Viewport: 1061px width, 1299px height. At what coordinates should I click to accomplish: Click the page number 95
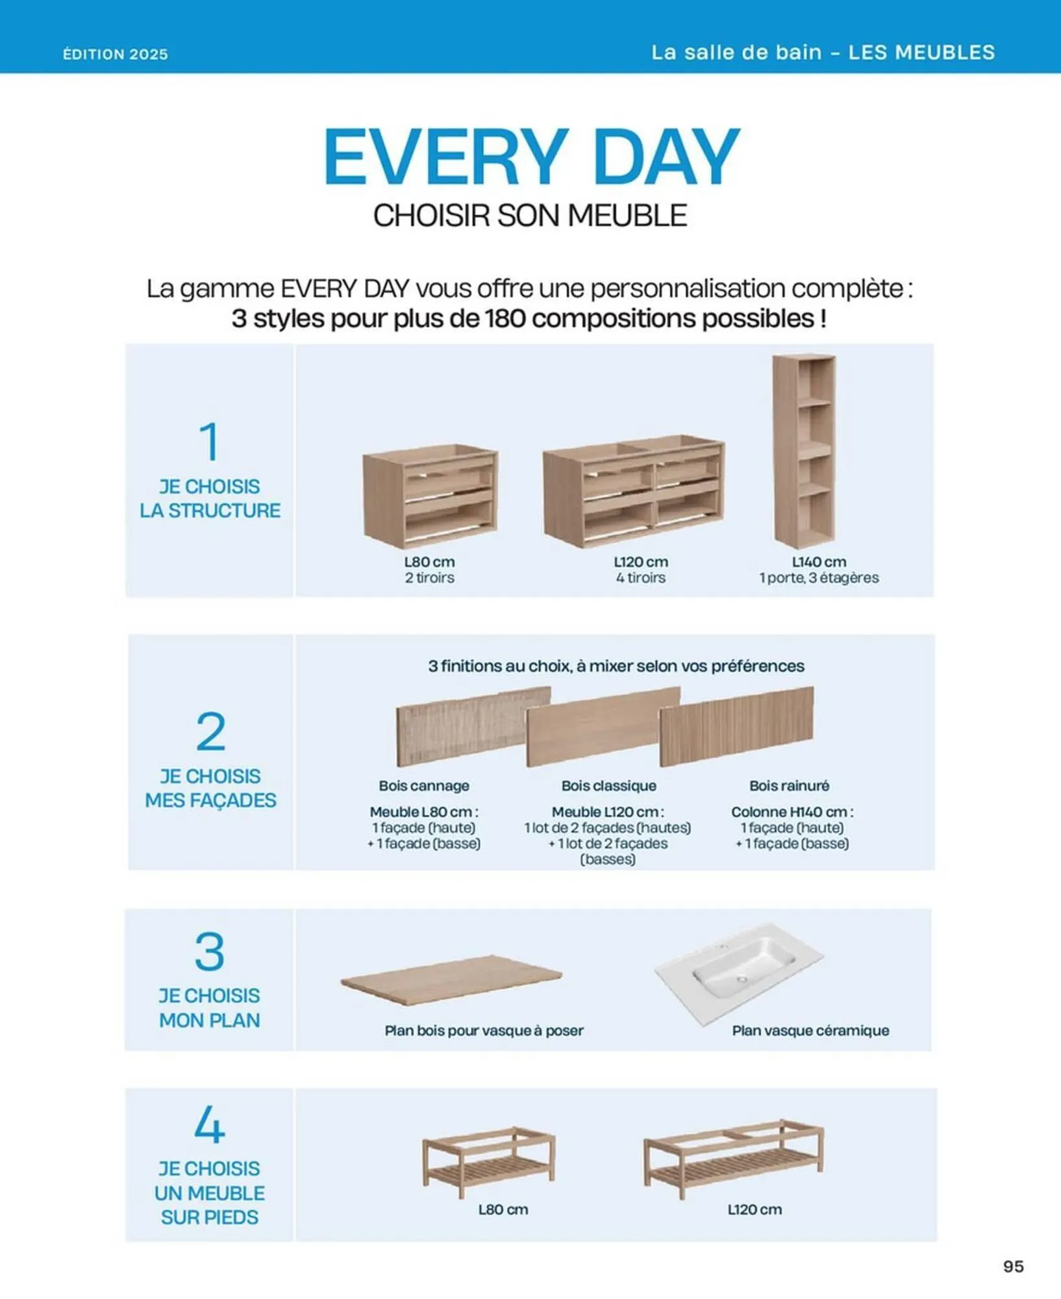1013,1266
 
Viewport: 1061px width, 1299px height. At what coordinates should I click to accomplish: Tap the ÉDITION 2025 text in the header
116,54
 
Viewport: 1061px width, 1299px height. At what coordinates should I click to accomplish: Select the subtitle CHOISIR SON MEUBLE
530,216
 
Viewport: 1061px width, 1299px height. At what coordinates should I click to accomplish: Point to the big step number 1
209,441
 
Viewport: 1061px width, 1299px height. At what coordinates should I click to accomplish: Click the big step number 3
210,952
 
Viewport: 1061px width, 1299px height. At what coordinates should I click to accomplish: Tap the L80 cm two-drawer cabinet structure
431,496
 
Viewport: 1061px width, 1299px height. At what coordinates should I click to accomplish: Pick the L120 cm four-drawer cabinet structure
634,490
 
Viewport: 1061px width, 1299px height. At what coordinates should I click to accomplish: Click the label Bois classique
608,785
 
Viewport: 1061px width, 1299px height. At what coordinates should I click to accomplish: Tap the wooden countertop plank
451,980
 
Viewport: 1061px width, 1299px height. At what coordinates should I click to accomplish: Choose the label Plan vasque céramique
810,1030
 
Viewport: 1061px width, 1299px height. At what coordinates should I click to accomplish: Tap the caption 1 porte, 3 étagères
819,577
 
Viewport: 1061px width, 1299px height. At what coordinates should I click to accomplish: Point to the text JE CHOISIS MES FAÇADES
210,788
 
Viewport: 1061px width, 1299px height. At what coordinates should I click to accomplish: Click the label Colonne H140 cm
792,812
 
